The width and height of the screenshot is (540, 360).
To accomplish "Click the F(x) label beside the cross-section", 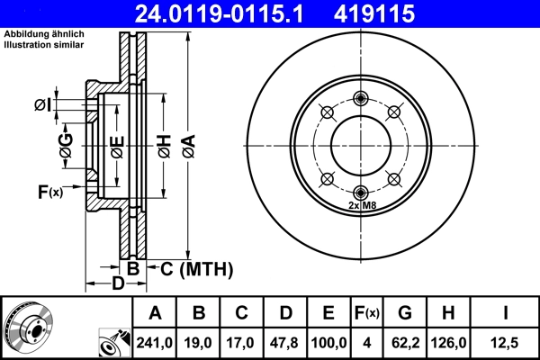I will coord(49,191).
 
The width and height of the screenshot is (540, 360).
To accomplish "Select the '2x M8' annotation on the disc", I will coord(361,206).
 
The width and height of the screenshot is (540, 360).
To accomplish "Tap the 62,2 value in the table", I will coord(404,342).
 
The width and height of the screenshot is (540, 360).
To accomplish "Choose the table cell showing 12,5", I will coord(505,342).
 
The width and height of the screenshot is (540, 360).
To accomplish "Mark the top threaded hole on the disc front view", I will coord(361,98).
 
